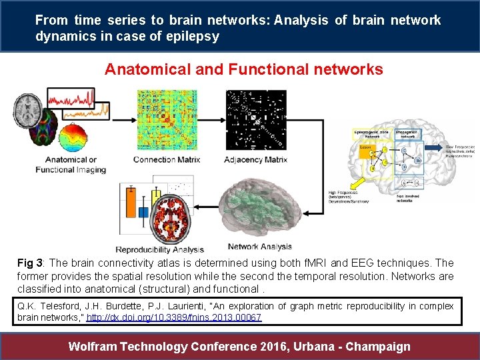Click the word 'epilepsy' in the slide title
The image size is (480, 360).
193,37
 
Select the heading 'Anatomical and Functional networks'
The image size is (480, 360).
244,69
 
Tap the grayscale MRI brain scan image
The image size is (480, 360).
31,107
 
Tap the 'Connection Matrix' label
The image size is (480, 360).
167,159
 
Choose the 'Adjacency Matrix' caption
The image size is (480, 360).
256,159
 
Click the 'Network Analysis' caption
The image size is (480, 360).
259,246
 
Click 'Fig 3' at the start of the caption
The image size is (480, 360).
29,263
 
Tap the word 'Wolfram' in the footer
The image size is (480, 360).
96,346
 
